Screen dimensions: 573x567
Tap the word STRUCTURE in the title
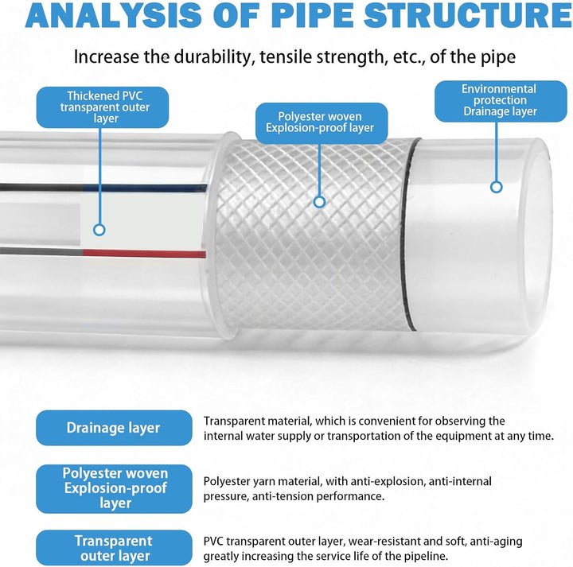click(x=468, y=15)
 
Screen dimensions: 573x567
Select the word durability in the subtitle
click(x=214, y=57)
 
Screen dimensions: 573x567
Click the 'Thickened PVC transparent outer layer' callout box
click(x=103, y=107)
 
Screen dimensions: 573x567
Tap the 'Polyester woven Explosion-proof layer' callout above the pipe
click(x=322, y=122)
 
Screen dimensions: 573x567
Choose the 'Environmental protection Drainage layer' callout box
click(x=501, y=101)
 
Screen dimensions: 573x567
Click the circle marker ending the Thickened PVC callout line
click(x=99, y=230)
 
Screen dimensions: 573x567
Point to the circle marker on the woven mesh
click(x=320, y=202)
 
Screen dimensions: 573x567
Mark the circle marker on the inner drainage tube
click(x=497, y=188)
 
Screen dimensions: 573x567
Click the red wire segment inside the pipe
click(x=144, y=254)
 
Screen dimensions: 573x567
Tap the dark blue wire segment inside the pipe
click(x=145, y=188)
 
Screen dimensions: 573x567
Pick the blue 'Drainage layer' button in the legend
click(x=114, y=428)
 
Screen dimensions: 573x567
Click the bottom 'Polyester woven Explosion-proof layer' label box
click(x=114, y=489)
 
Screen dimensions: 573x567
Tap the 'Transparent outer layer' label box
click(x=114, y=548)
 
